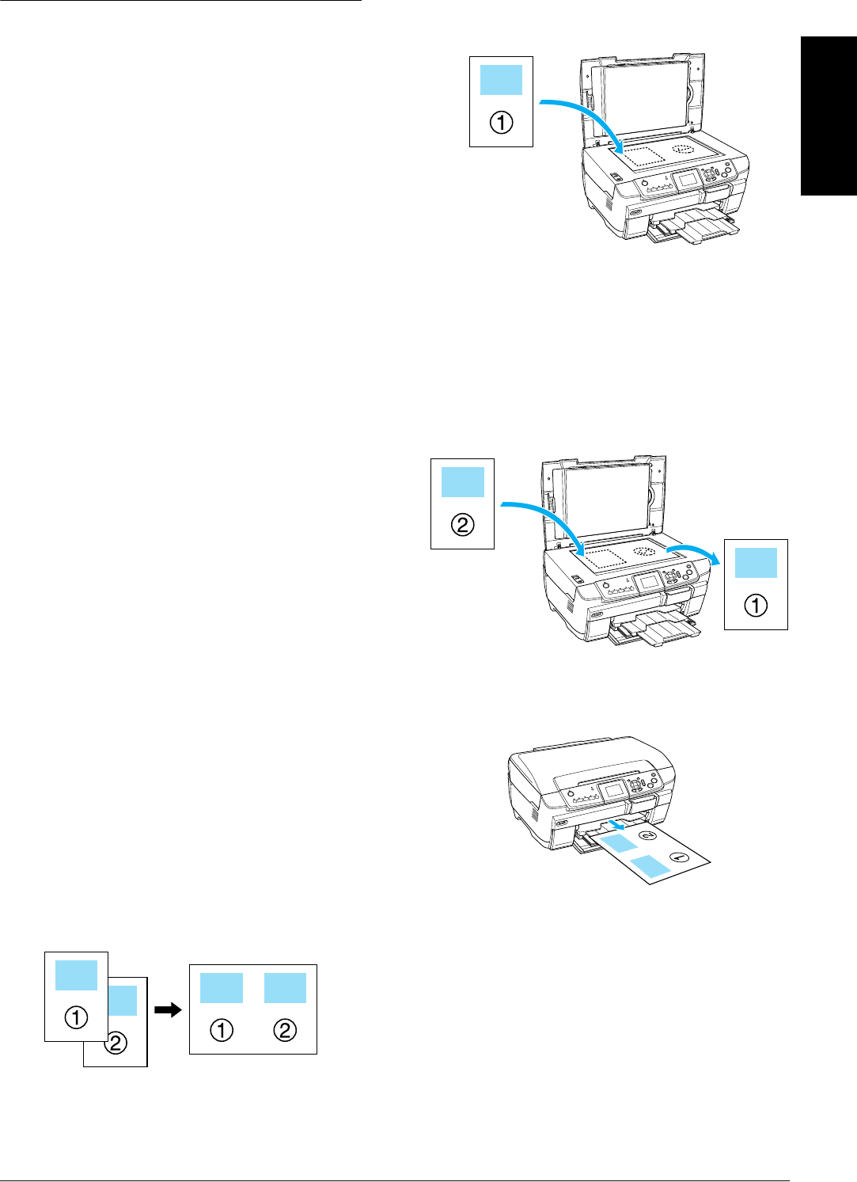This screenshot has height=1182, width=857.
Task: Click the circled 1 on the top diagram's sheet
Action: (501, 123)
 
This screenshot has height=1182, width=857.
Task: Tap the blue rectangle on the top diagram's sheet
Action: (501, 80)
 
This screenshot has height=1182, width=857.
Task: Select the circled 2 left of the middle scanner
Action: (462, 525)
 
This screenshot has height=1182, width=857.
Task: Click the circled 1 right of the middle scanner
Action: (756, 606)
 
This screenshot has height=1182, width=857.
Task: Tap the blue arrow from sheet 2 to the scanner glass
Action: (546, 515)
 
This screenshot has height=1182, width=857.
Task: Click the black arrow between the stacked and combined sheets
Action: (168, 1009)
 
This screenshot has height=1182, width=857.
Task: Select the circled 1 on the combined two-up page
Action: (222, 1030)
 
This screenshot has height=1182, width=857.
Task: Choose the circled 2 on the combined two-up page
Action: (285, 1030)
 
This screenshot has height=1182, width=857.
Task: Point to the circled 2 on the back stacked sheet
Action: (116, 1043)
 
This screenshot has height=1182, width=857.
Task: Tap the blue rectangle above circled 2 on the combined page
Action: (285, 988)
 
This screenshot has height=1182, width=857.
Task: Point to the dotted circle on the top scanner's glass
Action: (683, 149)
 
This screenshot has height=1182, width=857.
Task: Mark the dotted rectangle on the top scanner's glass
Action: (640, 155)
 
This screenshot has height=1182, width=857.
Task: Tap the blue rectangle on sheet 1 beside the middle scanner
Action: (756, 563)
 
